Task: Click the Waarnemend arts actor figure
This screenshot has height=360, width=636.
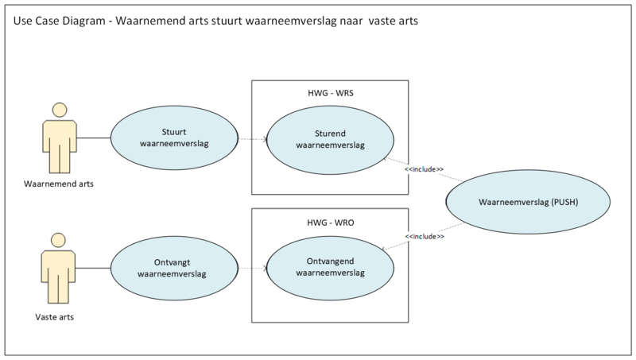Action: [58, 143]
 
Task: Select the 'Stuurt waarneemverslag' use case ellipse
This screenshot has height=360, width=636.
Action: [173, 138]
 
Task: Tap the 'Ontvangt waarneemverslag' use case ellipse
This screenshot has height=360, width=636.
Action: [173, 268]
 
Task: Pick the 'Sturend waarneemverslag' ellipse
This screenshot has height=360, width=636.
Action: [330, 138]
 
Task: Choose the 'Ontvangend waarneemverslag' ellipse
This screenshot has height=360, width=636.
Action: [330, 268]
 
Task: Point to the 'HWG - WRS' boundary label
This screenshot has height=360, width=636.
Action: [330, 93]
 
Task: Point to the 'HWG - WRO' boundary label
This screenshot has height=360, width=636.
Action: [330, 222]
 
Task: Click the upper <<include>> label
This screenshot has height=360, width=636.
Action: [424, 168]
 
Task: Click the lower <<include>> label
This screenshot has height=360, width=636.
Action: [424, 237]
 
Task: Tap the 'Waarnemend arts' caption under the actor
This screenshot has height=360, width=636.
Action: [58, 184]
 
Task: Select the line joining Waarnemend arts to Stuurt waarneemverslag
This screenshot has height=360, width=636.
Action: [94, 138]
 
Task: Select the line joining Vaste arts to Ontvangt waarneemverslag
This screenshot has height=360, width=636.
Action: [94, 268]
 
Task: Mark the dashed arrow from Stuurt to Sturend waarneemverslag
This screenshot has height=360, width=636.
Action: [250, 138]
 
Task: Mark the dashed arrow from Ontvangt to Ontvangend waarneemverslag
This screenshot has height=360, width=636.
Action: [250, 268]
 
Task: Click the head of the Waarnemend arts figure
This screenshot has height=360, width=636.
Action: [58, 110]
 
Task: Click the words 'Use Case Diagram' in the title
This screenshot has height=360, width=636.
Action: [60, 21]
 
